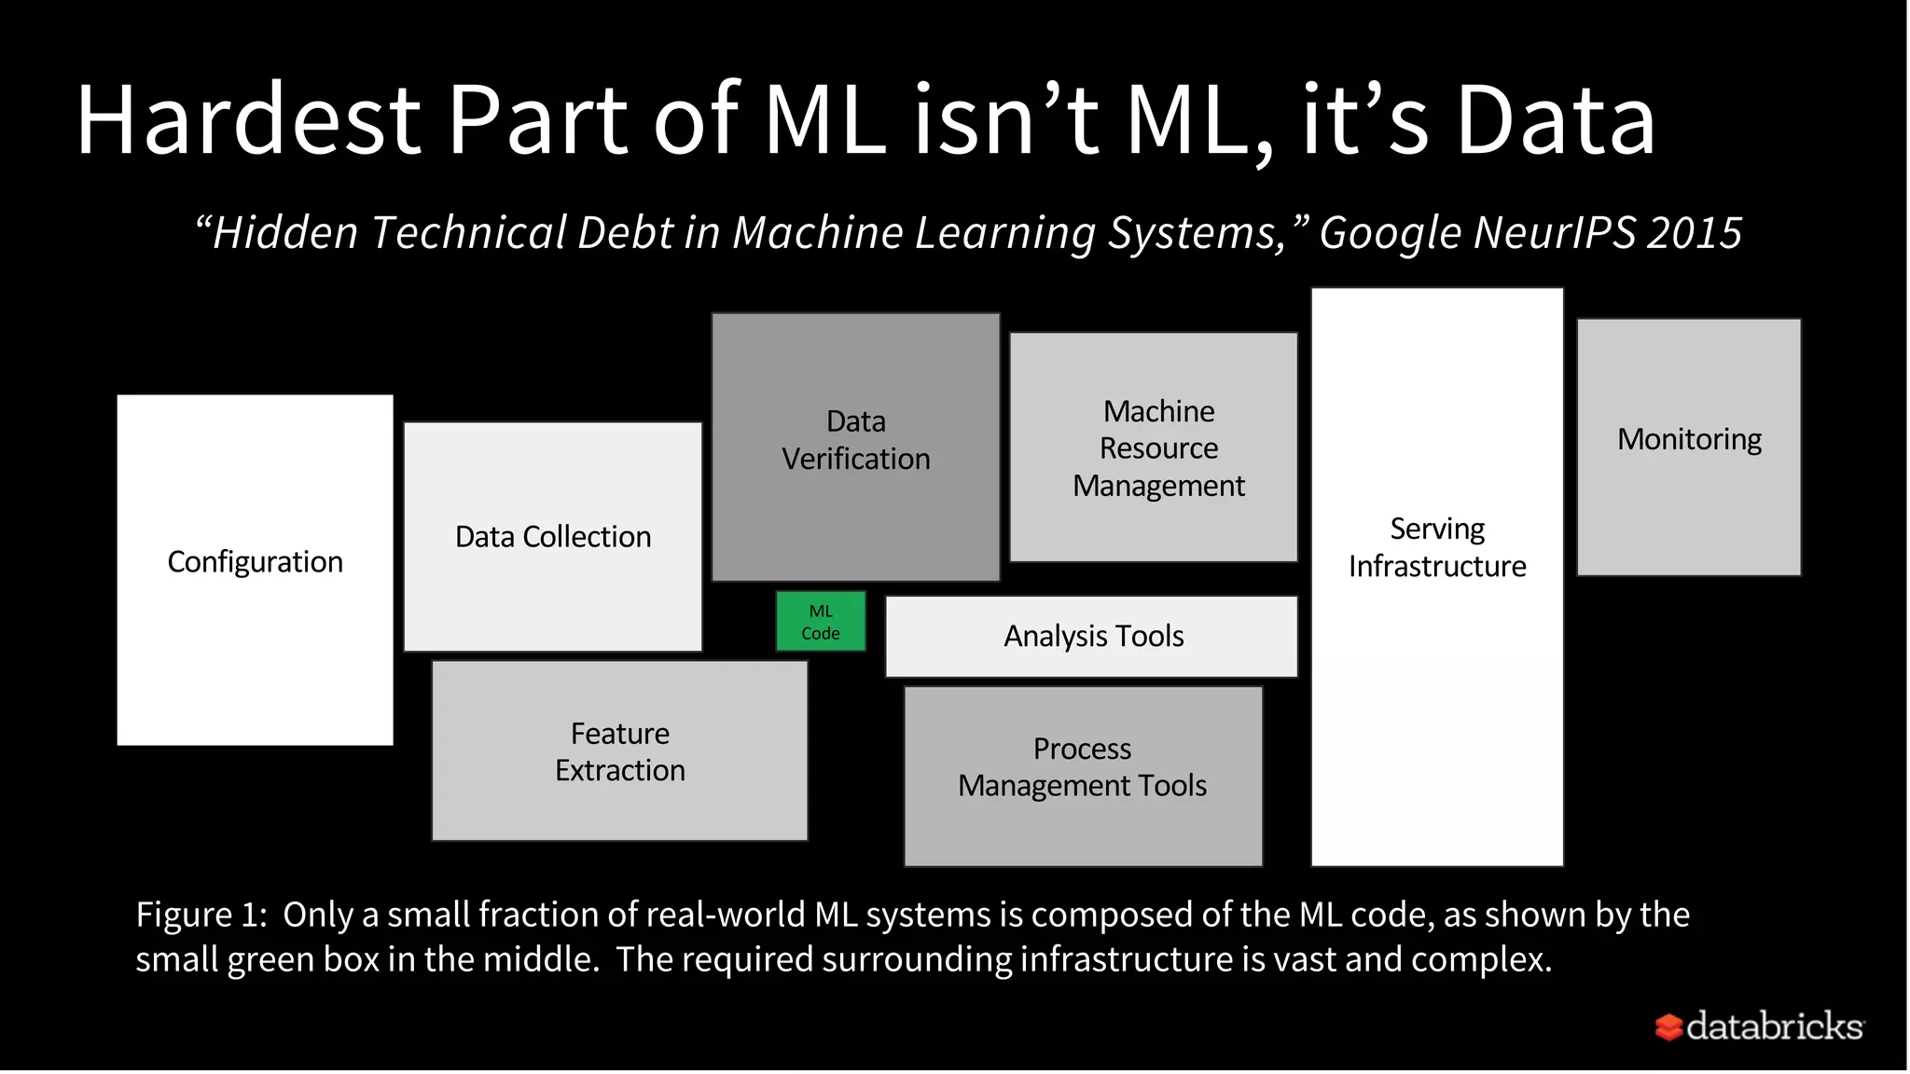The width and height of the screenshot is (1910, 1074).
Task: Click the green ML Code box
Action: coord(821,622)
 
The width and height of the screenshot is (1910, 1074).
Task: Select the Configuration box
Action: coord(255,569)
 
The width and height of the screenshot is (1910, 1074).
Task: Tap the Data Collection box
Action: coord(552,537)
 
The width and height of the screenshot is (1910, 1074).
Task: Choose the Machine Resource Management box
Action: coord(1154,447)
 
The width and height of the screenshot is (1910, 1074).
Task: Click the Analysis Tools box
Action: coord(1091,637)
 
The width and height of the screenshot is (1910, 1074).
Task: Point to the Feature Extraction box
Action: coord(619,751)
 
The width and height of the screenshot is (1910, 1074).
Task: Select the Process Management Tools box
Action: coord(1083,776)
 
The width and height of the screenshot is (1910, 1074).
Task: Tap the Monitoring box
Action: coord(1689,447)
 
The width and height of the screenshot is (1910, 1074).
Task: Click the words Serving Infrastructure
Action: coord(1437,547)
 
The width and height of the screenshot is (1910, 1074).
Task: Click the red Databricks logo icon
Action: coord(1668,1026)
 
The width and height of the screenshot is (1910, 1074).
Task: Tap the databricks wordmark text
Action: coord(1775,1026)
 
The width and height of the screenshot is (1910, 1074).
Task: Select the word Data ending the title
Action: coord(1555,120)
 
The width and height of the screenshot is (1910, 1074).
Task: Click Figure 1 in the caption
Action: coord(200,916)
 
